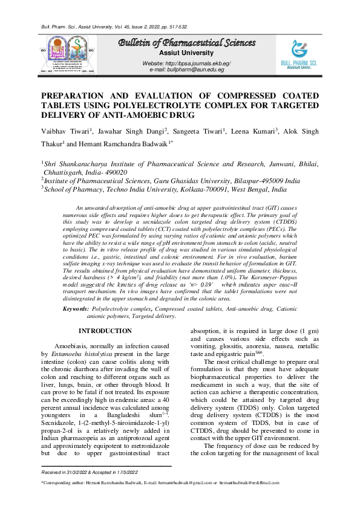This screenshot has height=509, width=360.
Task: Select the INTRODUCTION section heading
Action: click(105, 331)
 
